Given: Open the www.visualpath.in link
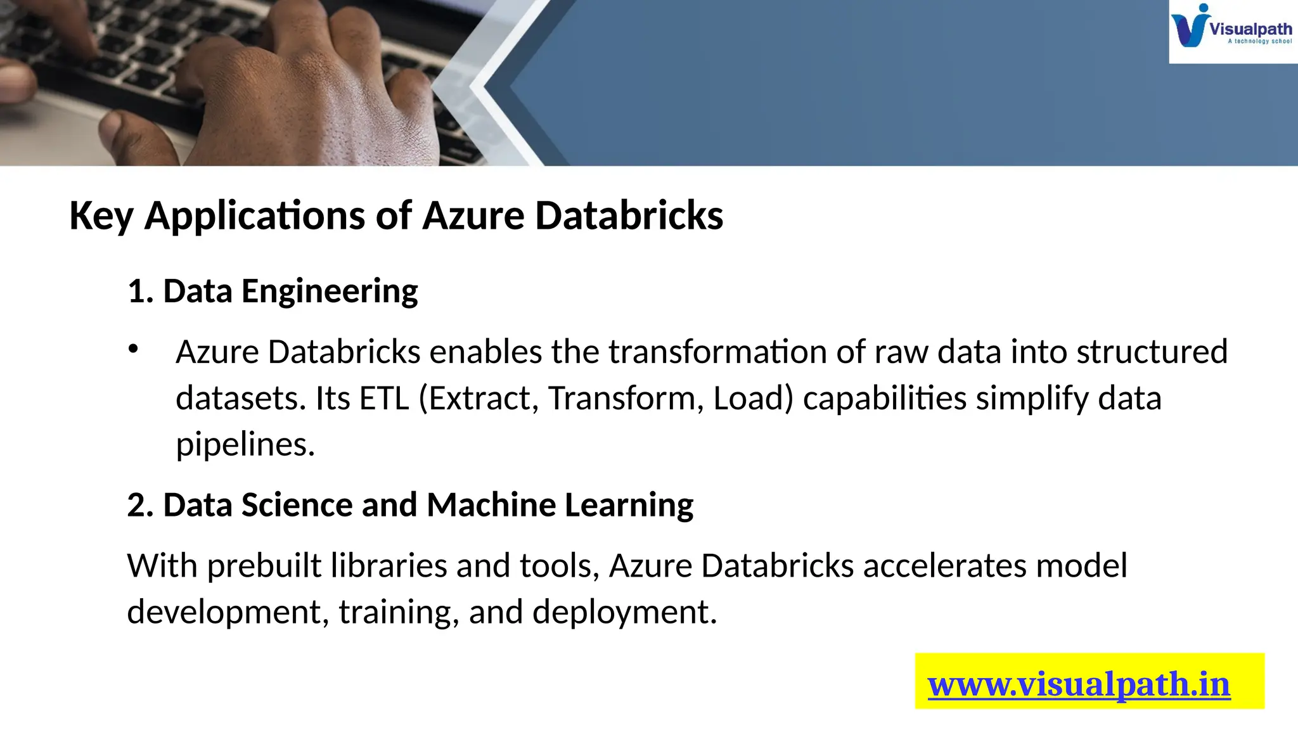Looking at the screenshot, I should click(x=1079, y=684).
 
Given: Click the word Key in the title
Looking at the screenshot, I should click(x=101, y=215).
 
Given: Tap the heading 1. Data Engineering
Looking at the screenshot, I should click(x=273, y=291).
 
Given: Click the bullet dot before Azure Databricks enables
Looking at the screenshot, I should click(x=133, y=349).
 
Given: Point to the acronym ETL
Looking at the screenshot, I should click(x=384, y=399).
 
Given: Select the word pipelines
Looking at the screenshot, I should click(x=245, y=445).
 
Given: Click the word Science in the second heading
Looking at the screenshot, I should click(x=297, y=505).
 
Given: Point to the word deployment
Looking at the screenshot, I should click(x=624, y=612).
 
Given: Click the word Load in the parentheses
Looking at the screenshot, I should click(x=752, y=399).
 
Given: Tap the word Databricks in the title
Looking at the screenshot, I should click(x=629, y=215).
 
